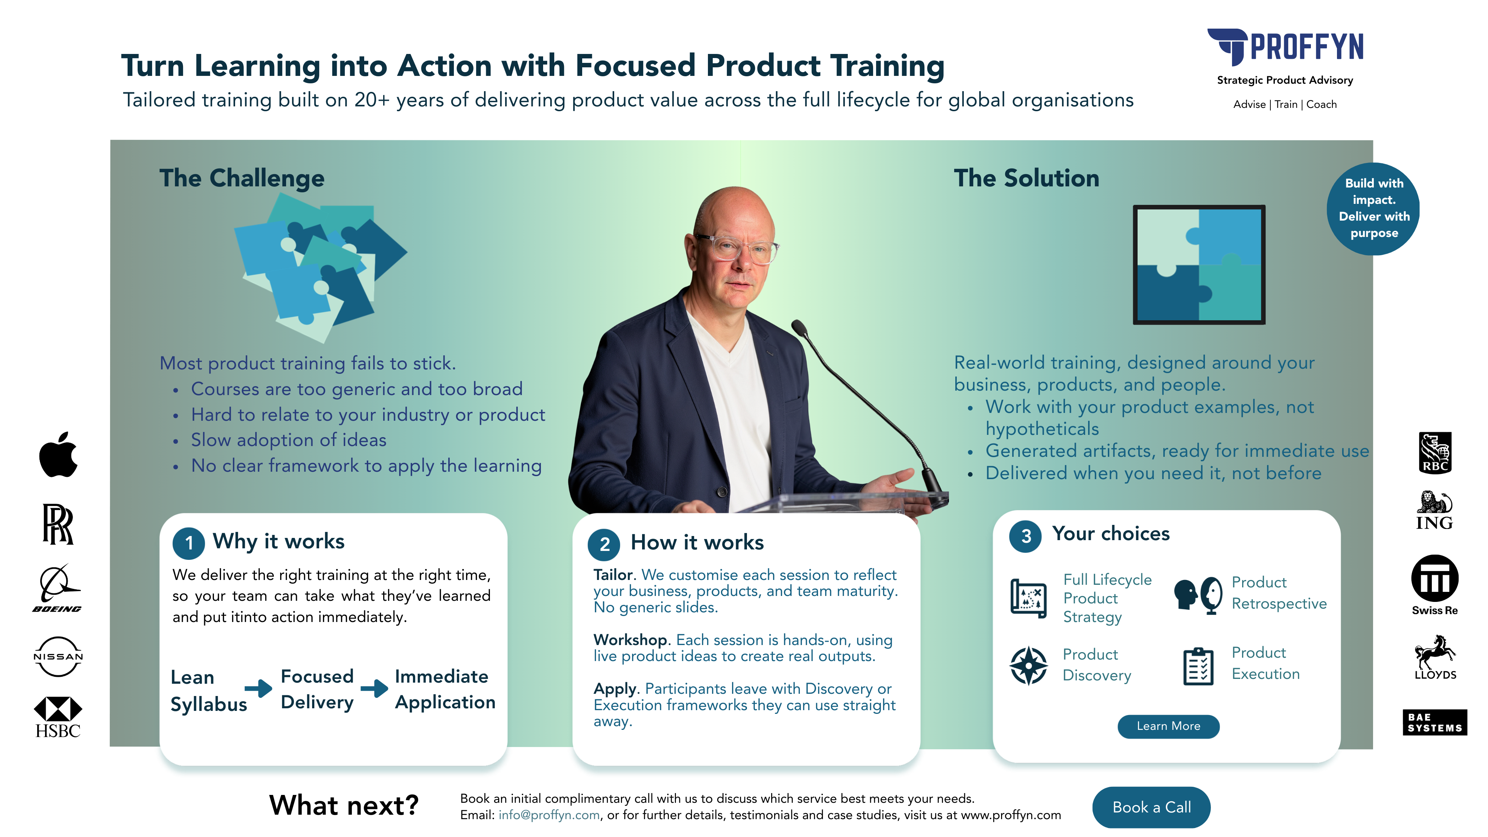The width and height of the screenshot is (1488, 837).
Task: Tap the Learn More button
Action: [x=1168, y=726]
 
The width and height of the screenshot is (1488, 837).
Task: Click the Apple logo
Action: [x=58, y=455]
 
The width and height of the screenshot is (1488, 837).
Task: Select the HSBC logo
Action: [x=58, y=716]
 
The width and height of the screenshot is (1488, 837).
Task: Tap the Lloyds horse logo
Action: [x=1434, y=657]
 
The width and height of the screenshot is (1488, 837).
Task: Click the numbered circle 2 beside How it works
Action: [x=604, y=544]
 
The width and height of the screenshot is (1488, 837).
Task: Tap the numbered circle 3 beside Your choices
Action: [x=1025, y=536]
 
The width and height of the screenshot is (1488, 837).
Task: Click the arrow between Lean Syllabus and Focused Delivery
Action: [x=258, y=688]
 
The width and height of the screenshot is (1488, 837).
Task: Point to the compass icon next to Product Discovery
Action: [x=1028, y=666]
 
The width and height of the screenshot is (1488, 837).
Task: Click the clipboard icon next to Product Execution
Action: [x=1198, y=666]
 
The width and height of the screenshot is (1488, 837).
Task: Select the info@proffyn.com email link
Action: [x=549, y=815]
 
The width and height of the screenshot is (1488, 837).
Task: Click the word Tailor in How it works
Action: [x=613, y=575]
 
